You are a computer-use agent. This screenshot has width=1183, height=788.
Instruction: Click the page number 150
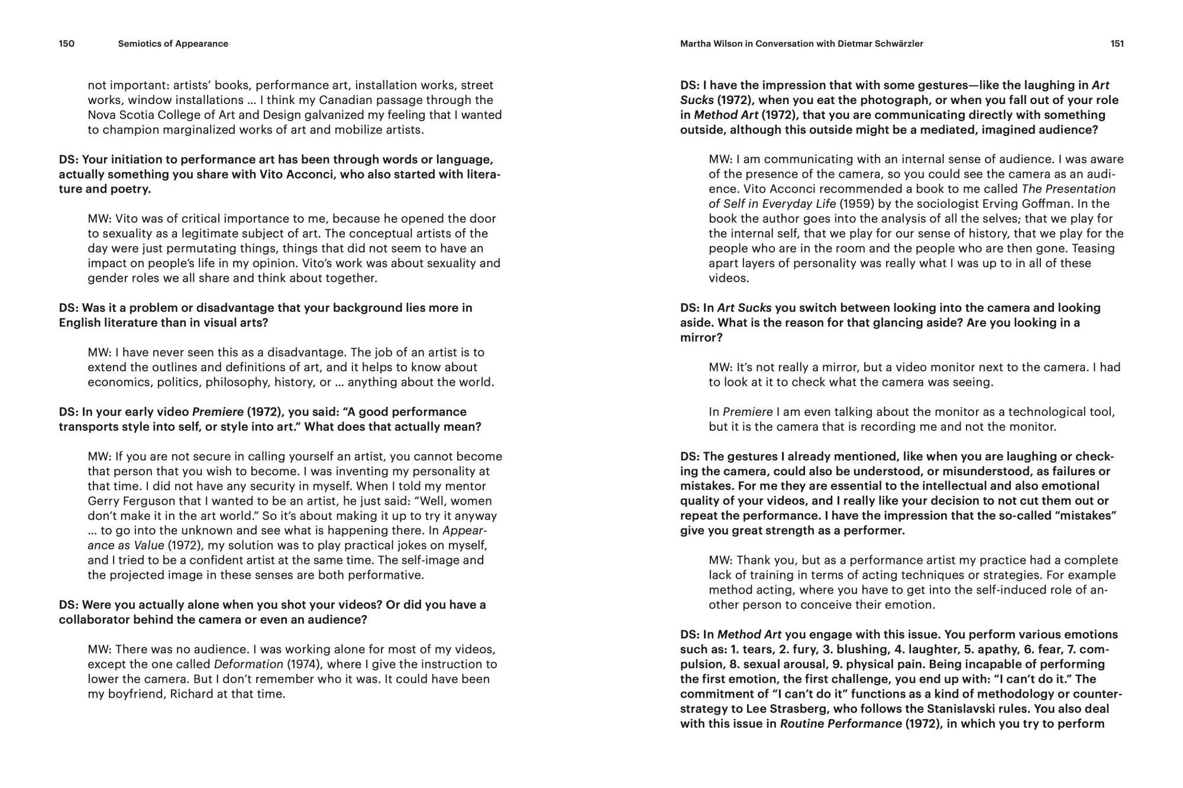[x=66, y=44]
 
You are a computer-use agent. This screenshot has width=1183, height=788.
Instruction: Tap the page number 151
[x=1117, y=44]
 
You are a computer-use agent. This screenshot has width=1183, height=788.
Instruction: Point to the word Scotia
[x=134, y=115]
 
